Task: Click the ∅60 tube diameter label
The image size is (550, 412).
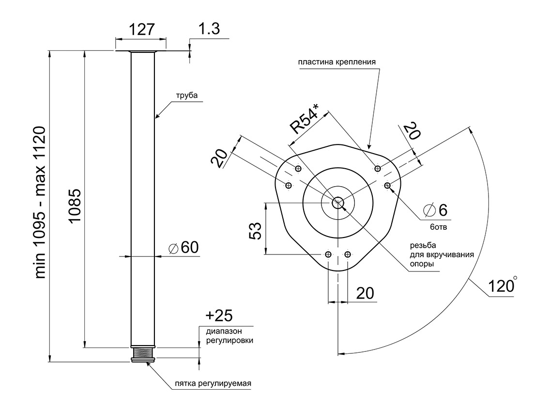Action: coord(183,248)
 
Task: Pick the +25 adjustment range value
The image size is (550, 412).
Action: coord(219,316)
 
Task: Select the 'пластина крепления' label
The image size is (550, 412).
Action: coord(337,62)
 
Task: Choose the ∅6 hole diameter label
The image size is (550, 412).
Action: coord(435,210)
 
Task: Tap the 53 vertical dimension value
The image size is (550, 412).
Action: coord(255,231)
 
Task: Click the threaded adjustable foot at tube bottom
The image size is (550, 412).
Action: coord(143,353)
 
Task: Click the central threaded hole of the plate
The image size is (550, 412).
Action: coord(337,202)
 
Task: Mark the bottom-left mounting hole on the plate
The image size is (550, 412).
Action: coord(329,254)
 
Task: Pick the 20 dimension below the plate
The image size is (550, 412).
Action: coord(365,293)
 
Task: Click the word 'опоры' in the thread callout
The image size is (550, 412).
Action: coord(421,264)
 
